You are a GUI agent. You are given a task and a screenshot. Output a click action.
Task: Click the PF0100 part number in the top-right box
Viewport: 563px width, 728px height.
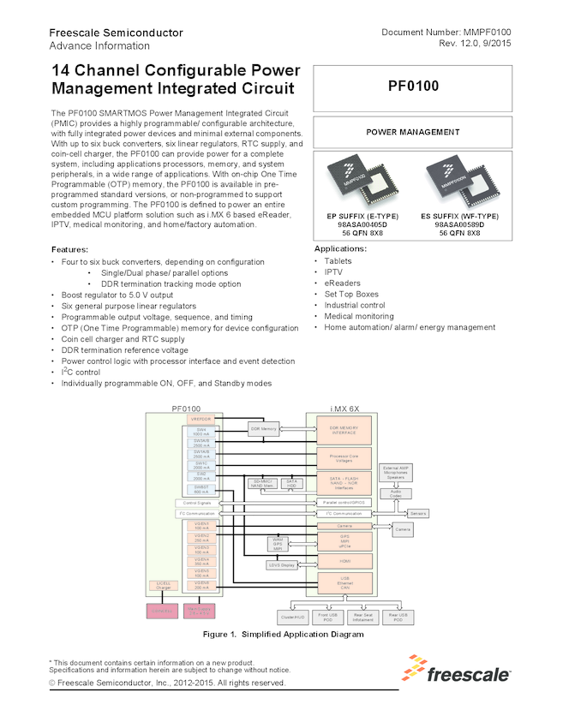click(x=413, y=87)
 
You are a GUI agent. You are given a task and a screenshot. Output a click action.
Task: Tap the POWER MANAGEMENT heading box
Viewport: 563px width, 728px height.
click(x=413, y=132)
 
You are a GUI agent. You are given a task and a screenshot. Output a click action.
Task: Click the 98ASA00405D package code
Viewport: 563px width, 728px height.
click(x=359, y=224)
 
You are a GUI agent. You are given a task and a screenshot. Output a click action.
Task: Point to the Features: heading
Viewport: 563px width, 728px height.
click(x=75, y=249)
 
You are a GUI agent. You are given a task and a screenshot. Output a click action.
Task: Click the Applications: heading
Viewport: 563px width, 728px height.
click(x=341, y=248)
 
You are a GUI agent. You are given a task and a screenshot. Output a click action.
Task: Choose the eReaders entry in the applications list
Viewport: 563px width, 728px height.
click(x=343, y=283)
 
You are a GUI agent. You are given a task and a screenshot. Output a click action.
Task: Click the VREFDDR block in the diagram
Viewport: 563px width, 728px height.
click(x=201, y=419)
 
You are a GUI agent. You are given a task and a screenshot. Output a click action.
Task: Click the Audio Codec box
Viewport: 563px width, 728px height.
click(x=396, y=493)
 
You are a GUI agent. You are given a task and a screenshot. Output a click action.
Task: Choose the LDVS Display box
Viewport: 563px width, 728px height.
click(x=281, y=565)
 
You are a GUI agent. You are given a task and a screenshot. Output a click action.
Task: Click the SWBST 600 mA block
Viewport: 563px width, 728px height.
click(x=201, y=488)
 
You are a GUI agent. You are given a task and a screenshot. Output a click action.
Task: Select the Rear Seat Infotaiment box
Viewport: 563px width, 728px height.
click(x=362, y=617)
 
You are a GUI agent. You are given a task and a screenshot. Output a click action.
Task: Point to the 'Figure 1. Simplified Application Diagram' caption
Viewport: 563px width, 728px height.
click(x=283, y=635)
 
